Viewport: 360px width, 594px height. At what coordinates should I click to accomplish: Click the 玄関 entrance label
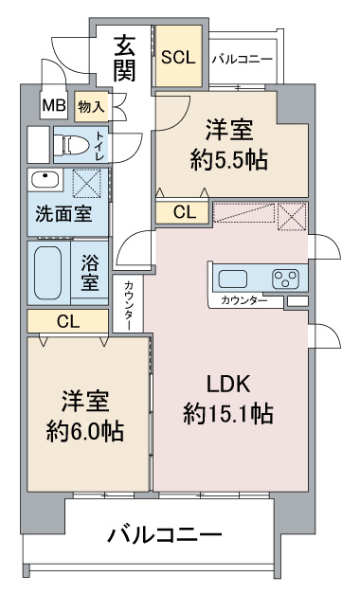click(125, 59)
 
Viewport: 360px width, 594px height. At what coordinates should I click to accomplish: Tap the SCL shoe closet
click(178, 56)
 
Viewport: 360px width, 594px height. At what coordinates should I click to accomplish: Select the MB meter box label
click(54, 105)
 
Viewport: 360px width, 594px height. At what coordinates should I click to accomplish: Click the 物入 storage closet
click(91, 107)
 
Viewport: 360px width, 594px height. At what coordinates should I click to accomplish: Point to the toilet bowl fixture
click(72, 145)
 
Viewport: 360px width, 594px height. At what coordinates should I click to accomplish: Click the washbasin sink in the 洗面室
click(45, 179)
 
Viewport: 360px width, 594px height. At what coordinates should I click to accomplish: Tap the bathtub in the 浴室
click(47, 273)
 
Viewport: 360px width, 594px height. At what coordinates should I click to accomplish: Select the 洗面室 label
click(63, 214)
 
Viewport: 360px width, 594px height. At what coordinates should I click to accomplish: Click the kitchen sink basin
click(233, 279)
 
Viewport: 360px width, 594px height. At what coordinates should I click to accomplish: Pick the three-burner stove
click(285, 279)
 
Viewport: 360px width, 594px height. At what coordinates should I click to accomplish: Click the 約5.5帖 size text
click(229, 160)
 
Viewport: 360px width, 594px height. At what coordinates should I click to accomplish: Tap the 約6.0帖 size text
click(85, 431)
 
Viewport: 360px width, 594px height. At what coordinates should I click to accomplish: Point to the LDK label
click(228, 384)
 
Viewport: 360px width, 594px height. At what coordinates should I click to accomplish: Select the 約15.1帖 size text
click(228, 414)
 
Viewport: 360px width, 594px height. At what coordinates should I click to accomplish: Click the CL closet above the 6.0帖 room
click(68, 321)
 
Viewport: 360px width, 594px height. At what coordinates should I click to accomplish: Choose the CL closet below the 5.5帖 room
click(182, 212)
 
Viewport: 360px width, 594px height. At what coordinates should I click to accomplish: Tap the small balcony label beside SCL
click(243, 60)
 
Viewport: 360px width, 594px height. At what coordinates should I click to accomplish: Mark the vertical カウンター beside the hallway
click(128, 304)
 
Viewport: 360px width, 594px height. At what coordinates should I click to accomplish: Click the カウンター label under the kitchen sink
click(244, 300)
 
